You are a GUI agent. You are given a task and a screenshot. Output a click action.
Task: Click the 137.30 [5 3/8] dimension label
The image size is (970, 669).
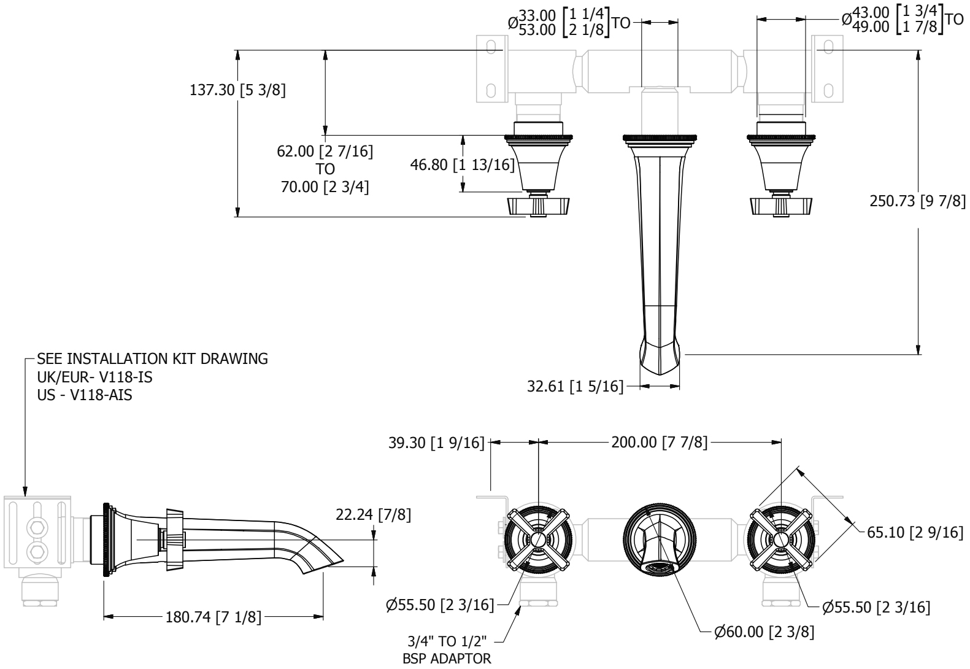(237, 90)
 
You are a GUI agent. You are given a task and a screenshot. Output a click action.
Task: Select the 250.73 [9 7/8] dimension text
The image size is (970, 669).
(918, 201)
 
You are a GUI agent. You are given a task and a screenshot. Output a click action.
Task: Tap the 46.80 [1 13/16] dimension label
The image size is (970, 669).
(462, 164)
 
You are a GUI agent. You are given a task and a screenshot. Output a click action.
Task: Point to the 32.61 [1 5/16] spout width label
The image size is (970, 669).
(575, 386)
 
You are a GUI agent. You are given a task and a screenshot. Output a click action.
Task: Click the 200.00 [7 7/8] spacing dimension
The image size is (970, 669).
(660, 443)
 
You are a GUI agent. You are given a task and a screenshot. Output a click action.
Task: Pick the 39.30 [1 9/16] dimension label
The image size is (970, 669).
(436, 443)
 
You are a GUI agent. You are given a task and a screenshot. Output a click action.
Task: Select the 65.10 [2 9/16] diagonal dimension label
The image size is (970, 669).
(915, 532)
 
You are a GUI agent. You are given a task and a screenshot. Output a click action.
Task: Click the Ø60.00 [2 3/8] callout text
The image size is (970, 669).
(764, 632)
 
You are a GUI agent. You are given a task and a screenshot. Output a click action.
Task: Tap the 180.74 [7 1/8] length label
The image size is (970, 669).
(214, 617)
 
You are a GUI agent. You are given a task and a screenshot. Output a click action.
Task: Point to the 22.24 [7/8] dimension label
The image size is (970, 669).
(373, 515)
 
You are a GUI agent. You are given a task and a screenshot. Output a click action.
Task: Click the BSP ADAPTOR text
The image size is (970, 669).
(447, 659)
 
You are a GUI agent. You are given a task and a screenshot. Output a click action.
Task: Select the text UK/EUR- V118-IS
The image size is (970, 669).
(95, 377)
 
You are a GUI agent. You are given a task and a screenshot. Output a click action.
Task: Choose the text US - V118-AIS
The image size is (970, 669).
(85, 395)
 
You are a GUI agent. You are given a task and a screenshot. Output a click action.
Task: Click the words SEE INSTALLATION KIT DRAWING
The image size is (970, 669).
(152, 359)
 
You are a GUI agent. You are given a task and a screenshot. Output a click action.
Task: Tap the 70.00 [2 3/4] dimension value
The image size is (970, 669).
(325, 187)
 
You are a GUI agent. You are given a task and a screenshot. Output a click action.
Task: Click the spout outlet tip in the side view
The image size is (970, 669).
(343, 560)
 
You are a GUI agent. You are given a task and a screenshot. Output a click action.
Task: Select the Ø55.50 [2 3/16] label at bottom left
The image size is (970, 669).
(440, 605)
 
